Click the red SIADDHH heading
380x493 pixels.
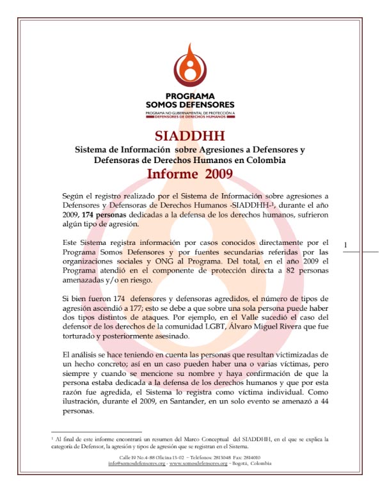tap(189, 136)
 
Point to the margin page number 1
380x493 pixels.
tap(345, 244)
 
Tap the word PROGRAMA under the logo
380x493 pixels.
tap(189, 97)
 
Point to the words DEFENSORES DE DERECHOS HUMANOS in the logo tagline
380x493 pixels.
tap(190, 117)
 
